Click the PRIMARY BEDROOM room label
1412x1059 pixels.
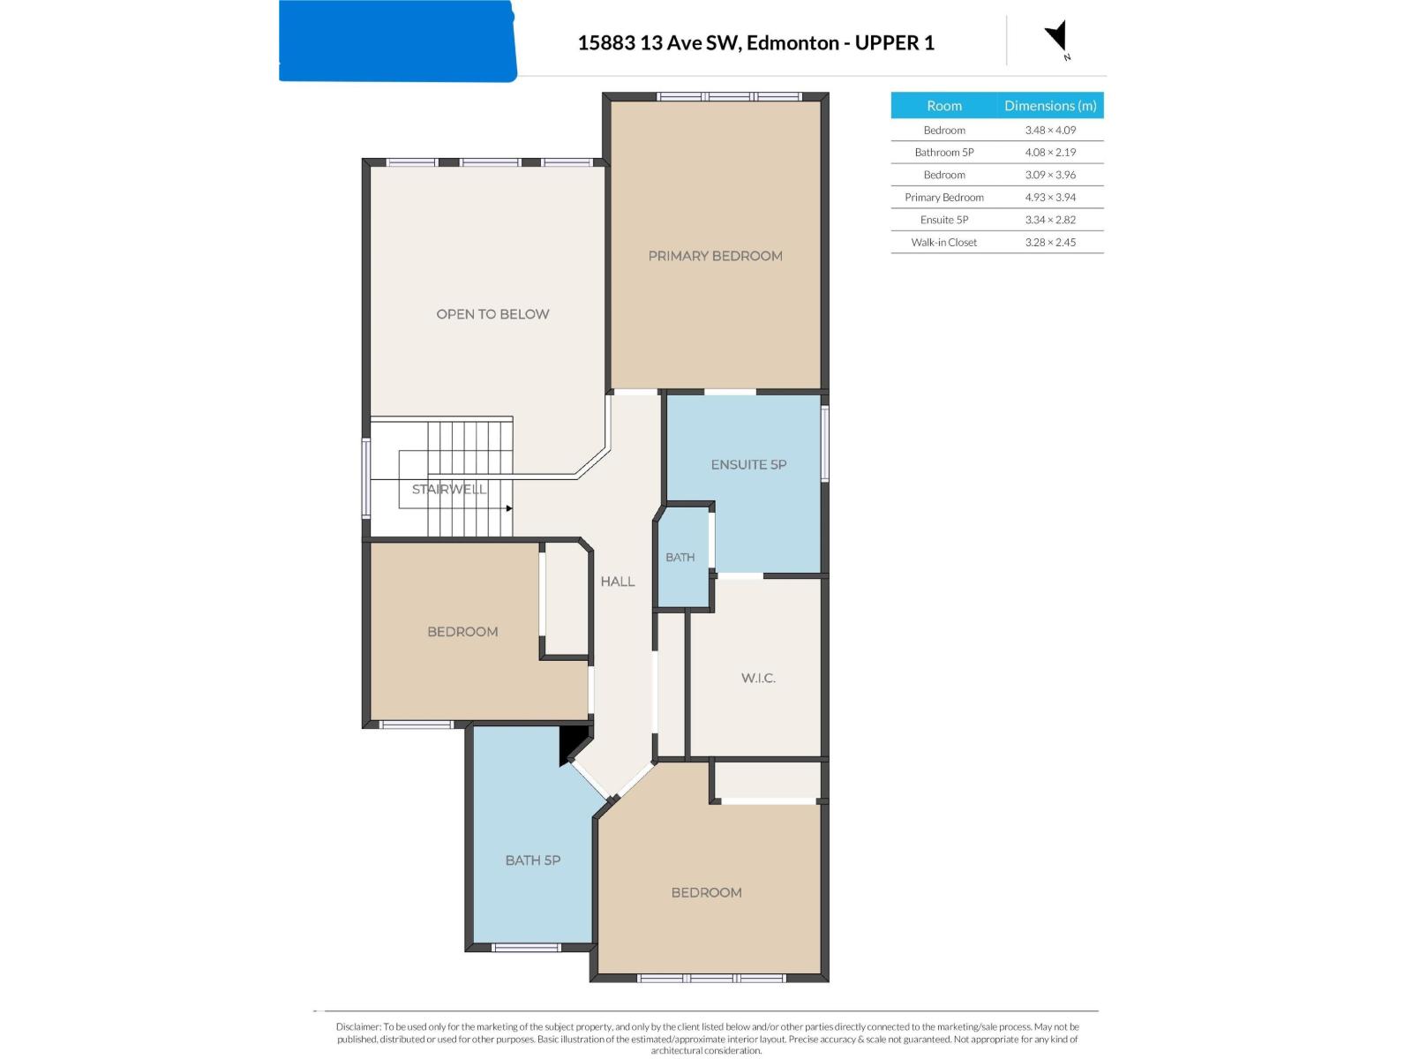pyautogui.click(x=715, y=256)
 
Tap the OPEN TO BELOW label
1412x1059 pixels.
pyautogui.click(x=492, y=314)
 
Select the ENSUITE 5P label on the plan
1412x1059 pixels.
pyautogui.click(x=748, y=464)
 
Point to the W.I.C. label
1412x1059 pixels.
pyautogui.click(x=758, y=678)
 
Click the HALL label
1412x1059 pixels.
pyautogui.click(x=617, y=582)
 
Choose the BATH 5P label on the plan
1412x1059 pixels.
pyautogui.click(x=532, y=860)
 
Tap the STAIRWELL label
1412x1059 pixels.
pyautogui.click(x=448, y=489)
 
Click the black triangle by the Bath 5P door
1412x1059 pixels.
pyautogui.click(x=571, y=745)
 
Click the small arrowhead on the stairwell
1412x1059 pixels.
pyautogui.click(x=509, y=508)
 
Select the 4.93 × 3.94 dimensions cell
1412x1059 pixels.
pyautogui.click(x=1050, y=198)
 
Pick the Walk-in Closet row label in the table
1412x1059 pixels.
pyautogui.click(x=943, y=243)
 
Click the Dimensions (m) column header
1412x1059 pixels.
pyautogui.click(x=1050, y=105)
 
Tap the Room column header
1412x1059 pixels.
pyautogui.click(x=943, y=105)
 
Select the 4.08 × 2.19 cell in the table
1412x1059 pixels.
pyautogui.click(x=1050, y=153)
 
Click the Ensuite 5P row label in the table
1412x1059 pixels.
pyautogui.click(x=943, y=220)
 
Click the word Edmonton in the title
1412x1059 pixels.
pyautogui.click(x=792, y=42)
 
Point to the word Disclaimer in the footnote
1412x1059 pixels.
pyautogui.click(x=357, y=1027)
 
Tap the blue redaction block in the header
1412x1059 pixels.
pyautogui.click(x=397, y=41)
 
